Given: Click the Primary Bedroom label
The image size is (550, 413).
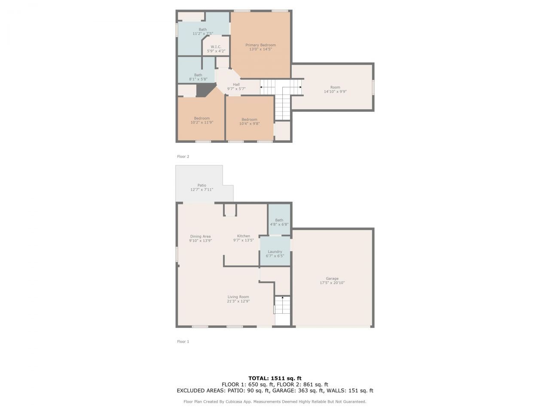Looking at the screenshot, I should coord(260,45).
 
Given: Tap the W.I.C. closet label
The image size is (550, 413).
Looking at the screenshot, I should coord(216,47).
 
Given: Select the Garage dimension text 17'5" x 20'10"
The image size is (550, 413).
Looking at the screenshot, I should coord(332,283).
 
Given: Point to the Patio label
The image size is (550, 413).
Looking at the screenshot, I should coord(202,185).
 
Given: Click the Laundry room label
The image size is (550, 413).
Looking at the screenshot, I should coord(275,252).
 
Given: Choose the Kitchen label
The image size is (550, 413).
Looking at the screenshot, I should coord(244,236).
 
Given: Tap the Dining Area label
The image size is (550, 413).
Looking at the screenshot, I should coord(200,236).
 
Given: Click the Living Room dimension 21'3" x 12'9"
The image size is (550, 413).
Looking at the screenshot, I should coord(238,302).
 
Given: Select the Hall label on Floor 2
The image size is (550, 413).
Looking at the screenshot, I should coord(236,84).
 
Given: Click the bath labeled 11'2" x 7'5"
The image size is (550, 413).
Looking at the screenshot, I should coord(202,30).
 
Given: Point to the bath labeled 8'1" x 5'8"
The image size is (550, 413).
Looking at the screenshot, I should coord(198,75).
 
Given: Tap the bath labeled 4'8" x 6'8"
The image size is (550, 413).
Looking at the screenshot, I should coord(279,220).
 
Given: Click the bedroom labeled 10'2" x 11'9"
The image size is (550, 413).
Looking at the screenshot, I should coord(202,118).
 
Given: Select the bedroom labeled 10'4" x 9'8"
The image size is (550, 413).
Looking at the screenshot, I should coord(249,120).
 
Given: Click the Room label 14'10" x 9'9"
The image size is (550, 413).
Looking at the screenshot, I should coord(335,87).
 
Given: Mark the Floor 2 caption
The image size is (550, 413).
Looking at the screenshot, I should coord(183,157).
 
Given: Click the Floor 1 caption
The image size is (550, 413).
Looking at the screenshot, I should coord(183,342).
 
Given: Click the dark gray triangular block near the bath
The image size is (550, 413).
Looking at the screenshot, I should coord(204,89).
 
